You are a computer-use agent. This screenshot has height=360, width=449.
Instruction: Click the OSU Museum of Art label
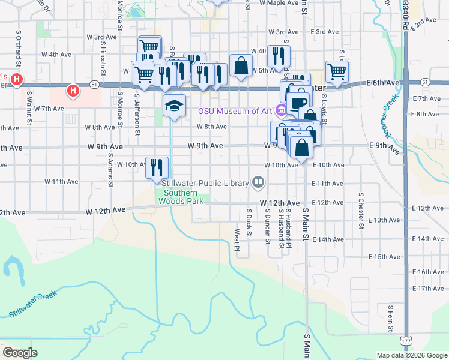coord(235,110)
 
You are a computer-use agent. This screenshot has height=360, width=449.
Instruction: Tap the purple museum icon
coord(280,110)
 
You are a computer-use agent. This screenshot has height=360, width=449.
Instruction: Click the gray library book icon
coord(258,181)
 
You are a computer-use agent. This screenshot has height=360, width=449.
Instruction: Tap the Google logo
coord(20,352)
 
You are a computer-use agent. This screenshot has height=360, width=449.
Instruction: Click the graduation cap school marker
coord(174,106)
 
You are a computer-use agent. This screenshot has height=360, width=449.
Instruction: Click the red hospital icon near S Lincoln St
coord(73,91)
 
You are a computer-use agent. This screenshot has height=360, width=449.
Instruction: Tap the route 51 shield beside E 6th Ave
coord(425,82)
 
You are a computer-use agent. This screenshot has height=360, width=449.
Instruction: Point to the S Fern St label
coord(391,318)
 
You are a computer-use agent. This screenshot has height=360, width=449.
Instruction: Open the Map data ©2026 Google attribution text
coord(411,355)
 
